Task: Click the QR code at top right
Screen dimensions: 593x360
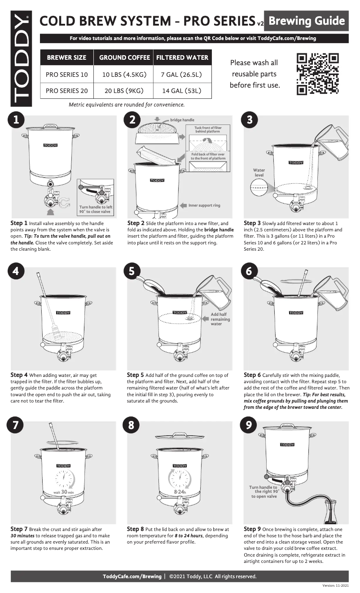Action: tap(318, 74)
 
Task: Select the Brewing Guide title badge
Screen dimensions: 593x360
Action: tap(307, 21)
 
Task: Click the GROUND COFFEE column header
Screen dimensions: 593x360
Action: tap(124, 58)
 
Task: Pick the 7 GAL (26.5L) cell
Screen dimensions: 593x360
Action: tap(182, 74)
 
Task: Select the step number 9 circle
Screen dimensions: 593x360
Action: tap(247, 425)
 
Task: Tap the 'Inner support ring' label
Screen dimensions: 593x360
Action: tap(204, 205)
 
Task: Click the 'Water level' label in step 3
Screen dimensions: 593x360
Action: tap(259, 173)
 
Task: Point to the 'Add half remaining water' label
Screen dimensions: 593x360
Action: tap(220, 319)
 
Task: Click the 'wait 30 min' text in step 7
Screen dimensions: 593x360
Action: tap(63, 492)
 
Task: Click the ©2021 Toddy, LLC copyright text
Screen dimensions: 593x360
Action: tap(213, 576)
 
